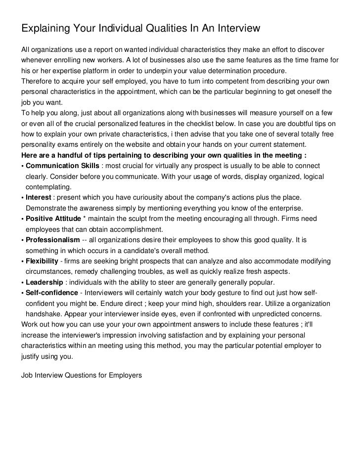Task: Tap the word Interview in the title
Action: point(233,29)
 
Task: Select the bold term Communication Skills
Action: point(62,166)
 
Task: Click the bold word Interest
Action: point(38,197)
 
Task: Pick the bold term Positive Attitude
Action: point(53,218)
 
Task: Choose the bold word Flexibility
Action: point(42,261)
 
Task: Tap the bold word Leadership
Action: point(44,282)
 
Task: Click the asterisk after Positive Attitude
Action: point(85,218)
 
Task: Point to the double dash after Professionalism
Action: point(85,240)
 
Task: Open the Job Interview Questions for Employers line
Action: point(81,375)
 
